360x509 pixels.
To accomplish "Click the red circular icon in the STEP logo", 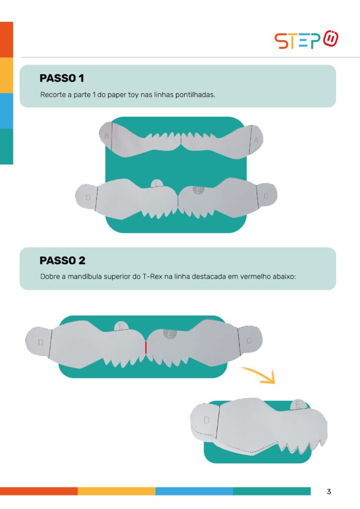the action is click(331, 39).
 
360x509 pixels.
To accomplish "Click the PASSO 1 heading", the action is click(62, 78).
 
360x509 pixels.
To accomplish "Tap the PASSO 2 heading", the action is click(62, 260).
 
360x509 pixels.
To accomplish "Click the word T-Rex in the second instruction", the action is click(152, 276).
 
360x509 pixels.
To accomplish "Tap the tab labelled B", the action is click(105, 136).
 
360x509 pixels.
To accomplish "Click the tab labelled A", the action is click(256, 140).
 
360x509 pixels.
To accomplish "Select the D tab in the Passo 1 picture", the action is click(86, 197).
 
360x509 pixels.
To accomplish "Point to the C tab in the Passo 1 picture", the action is click(267, 196).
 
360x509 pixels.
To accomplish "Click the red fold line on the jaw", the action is click(146, 346).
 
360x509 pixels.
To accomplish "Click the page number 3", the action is click(329, 492).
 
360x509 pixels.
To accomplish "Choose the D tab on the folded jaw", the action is click(204, 420).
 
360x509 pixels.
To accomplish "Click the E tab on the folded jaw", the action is click(298, 405).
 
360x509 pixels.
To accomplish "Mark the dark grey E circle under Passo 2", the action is click(170, 334).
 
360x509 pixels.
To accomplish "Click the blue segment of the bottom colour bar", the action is click(194, 491).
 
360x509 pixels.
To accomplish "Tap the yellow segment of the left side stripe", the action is click(6, 76).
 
